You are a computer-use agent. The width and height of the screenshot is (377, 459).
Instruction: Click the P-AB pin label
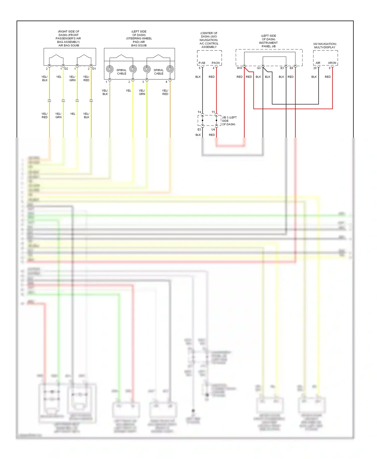[x=202, y=63]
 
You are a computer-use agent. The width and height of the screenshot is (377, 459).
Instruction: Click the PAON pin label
[x=216, y=63]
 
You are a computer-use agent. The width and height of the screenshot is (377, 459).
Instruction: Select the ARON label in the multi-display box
[x=332, y=63]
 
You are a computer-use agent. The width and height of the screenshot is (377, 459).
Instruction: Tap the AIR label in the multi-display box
[x=318, y=63]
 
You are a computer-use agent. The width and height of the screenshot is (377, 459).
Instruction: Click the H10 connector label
[x=240, y=68]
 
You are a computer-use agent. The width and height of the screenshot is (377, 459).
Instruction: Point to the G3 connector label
[x=259, y=68]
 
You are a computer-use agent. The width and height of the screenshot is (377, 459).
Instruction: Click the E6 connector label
[x=291, y=68]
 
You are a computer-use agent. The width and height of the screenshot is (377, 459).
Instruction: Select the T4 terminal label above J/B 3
[x=199, y=112]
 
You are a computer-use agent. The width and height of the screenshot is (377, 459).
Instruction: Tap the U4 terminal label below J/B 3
[x=213, y=130]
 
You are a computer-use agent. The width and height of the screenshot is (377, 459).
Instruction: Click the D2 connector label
[x=66, y=69]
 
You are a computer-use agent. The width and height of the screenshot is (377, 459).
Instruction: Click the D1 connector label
[x=94, y=69]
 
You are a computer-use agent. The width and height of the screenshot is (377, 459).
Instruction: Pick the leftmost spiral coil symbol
[x=110, y=69]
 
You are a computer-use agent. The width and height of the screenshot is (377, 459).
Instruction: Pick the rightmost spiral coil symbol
[x=170, y=69]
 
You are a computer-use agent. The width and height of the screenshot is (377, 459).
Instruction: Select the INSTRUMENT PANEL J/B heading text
[x=268, y=44]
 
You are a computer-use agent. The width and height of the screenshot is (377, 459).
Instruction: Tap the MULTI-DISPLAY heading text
[x=325, y=47]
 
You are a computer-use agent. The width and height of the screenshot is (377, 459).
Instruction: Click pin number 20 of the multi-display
[x=315, y=68]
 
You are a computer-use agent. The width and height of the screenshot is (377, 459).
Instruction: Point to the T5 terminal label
[x=213, y=112]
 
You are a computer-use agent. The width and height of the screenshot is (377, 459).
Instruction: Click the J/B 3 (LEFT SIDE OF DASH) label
[x=229, y=121]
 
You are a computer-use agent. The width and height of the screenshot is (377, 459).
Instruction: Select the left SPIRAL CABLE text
[x=122, y=72]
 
